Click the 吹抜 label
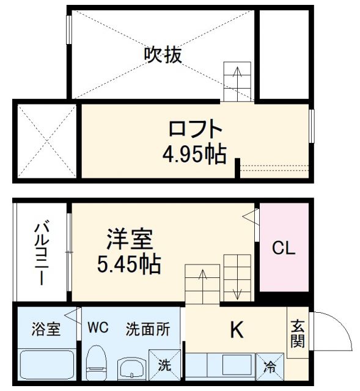click(163, 55)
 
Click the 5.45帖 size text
click(129, 264)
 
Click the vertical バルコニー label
click(41, 252)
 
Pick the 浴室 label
click(46, 329)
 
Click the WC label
click(97, 328)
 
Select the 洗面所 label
click(147, 329)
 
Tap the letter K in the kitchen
click(236, 331)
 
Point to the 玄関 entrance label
click(297, 334)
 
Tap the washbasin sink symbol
click(130, 368)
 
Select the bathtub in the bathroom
click(46, 365)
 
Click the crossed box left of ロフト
click(45, 141)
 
